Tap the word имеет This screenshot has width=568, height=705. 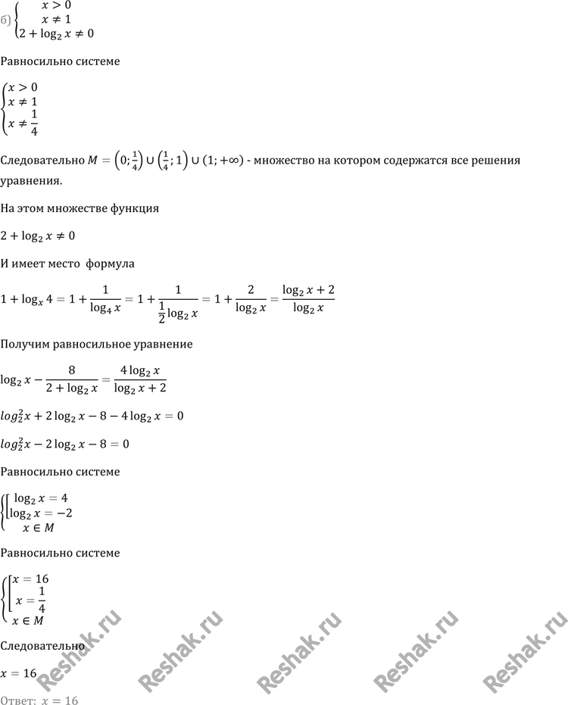(x=33, y=264)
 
